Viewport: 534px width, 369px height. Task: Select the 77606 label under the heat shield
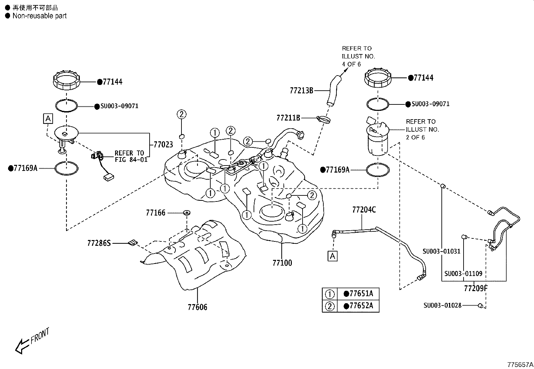coord(197,307)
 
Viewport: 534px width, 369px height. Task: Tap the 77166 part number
coord(156,213)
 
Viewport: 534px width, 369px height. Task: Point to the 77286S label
coord(99,243)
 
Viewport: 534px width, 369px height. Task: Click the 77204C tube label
coord(364,210)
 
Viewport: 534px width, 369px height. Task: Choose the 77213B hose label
coord(302,90)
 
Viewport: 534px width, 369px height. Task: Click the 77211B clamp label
coord(288,118)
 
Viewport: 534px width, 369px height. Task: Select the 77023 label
coord(163,145)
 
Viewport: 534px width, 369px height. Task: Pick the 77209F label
coord(476,288)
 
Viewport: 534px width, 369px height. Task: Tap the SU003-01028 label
coord(442,305)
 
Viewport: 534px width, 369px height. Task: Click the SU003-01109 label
coord(463,273)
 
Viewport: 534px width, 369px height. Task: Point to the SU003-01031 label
coord(441,251)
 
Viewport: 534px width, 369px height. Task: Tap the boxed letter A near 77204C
coord(332,256)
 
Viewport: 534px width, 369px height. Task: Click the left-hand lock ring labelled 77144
coord(67,81)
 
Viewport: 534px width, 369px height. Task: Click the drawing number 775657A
coord(520,364)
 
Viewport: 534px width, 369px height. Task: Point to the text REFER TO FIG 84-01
coord(131,156)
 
